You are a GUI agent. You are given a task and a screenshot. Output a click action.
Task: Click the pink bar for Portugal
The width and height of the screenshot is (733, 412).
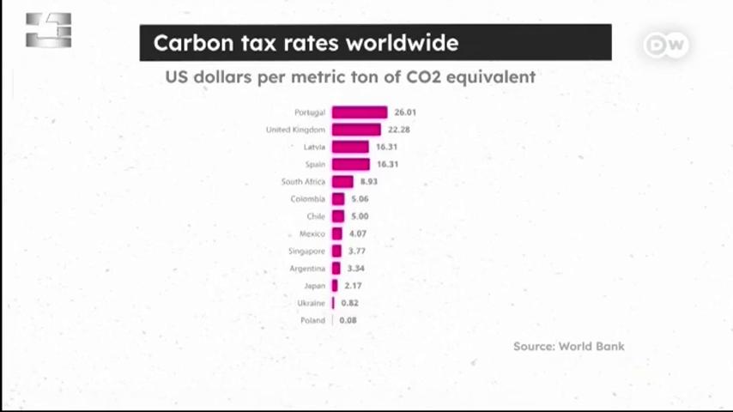[x=360, y=112]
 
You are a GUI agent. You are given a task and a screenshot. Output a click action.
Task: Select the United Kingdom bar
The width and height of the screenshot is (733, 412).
[x=356, y=130]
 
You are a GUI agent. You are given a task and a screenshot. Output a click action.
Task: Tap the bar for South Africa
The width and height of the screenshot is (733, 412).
[x=342, y=181]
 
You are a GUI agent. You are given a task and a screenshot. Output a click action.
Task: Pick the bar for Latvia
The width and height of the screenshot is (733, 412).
[x=350, y=147]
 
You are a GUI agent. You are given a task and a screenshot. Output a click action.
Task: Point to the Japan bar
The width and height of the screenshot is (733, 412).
[x=335, y=285]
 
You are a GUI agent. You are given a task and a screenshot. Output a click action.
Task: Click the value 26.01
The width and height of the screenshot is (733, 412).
[x=405, y=112]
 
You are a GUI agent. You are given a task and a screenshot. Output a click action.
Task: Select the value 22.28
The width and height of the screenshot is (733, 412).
[x=399, y=130]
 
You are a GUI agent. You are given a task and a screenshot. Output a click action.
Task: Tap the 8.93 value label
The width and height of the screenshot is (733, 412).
[x=369, y=181]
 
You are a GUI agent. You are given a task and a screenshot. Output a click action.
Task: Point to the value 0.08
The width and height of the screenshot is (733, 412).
[x=348, y=320]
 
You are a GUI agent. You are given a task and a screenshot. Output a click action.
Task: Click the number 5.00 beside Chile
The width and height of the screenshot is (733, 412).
[x=360, y=216]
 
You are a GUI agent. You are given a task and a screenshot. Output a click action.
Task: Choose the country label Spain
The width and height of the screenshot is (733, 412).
[x=315, y=165]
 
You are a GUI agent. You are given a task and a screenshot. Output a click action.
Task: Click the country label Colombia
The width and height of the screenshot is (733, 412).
[x=307, y=199]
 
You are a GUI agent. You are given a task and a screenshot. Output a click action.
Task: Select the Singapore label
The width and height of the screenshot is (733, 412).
[x=306, y=251]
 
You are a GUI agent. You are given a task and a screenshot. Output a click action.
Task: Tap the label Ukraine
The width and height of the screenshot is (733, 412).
[x=311, y=303]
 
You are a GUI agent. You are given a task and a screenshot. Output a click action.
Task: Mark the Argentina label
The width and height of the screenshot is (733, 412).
[x=307, y=269]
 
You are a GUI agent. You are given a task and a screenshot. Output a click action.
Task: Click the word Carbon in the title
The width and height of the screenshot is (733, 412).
[x=193, y=43]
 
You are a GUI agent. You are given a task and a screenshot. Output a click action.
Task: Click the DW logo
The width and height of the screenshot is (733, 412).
[x=666, y=45]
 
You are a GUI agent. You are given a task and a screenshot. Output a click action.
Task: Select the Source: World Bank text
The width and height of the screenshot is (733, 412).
[x=569, y=347]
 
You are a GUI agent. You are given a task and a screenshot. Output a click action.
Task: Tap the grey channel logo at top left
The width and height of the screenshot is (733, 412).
[x=49, y=30]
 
